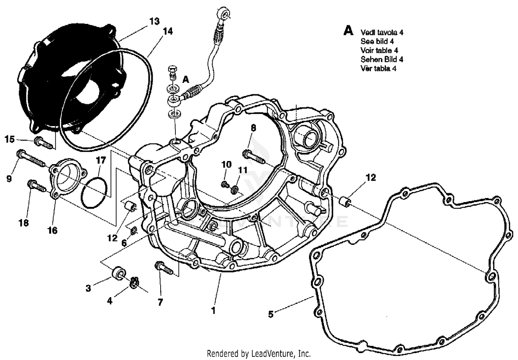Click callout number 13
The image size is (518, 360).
click(x=154, y=21)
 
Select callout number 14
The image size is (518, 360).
click(x=167, y=31)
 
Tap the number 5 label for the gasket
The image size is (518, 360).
click(x=271, y=314)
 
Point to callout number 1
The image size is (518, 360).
click(x=213, y=310)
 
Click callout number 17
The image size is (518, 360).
click(x=100, y=160)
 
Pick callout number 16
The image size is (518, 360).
click(x=52, y=230)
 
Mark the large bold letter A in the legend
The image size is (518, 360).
click(x=348, y=31)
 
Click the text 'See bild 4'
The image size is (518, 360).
click(x=377, y=41)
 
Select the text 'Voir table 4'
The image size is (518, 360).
click(x=379, y=50)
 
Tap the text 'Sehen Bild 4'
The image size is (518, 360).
click(x=382, y=59)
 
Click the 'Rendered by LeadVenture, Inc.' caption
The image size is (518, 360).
click(x=259, y=354)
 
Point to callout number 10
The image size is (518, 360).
click(x=226, y=164)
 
